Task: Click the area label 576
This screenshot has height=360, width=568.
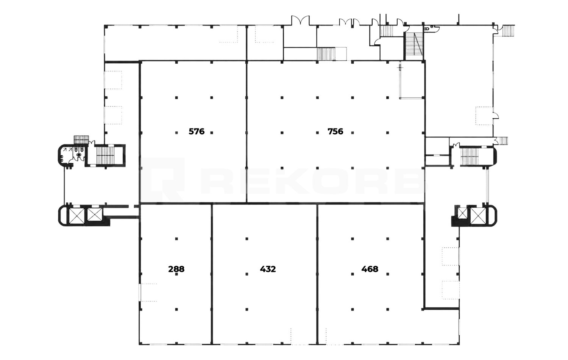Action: (x=197, y=131)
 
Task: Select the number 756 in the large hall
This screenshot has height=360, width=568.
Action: (x=335, y=131)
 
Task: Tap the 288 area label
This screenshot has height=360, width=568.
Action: (x=176, y=269)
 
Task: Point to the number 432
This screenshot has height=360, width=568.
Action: (x=268, y=269)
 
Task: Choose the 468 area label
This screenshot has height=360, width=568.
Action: (x=370, y=269)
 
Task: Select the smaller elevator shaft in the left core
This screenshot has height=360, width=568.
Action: (x=95, y=214)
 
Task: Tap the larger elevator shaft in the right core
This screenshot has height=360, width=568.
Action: (x=478, y=216)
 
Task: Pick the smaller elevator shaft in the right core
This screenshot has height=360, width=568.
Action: (x=462, y=213)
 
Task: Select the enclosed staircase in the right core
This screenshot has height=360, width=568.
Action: (x=469, y=157)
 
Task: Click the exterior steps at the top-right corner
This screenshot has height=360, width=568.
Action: (x=508, y=31)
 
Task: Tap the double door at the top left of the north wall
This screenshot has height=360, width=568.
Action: (x=301, y=20)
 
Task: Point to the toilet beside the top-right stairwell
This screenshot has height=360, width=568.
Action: (x=427, y=29)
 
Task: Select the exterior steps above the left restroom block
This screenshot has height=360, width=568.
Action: (x=81, y=140)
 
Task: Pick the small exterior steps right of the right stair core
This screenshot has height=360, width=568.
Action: (x=503, y=141)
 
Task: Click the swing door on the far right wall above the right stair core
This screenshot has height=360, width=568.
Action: (x=496, y=116)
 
